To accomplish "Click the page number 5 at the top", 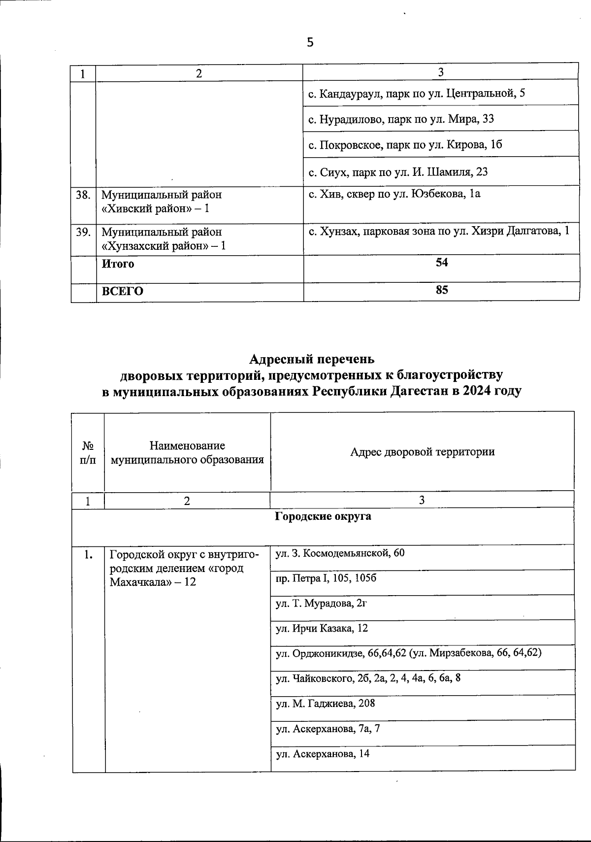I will point(310,42).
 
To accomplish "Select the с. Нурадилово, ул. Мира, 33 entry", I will point(401,119).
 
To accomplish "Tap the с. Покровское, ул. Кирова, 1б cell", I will point(405,145).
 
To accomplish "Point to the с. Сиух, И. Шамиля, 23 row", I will point(398,172).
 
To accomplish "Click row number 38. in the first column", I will point(83,195).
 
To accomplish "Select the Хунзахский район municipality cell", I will point(164,238).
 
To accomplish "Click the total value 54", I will point(441,263).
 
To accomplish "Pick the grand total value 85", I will point(441,290).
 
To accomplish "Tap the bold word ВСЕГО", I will point(123,291).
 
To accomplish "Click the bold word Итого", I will point(118,264).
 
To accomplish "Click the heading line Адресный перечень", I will point(312,359).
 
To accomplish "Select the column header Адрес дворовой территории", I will point(422,452).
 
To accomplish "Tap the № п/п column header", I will point(88,452).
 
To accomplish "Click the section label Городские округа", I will point(323,516).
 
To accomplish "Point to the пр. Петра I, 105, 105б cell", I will point(326,578).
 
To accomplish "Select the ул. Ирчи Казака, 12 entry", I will point(322,629).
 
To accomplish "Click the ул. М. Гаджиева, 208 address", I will point(325,704).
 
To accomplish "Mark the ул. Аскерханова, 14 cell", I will point(323,754).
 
